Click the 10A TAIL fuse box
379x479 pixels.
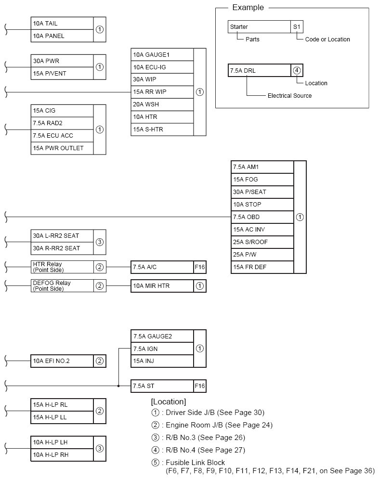(x=62, y=24)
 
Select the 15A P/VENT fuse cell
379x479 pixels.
(x=62, y=74)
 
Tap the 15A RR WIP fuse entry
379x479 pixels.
(x=162, y=92)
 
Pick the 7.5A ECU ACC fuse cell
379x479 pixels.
(x=62, y=136)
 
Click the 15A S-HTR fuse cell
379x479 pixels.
(x=162, y=129)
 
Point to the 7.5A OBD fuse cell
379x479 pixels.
(x=262, y=217)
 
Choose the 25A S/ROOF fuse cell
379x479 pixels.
(x=262, y=242)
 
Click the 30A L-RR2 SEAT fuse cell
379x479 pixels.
(x=62, y=236)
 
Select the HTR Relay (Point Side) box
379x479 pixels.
(x=62, y=267)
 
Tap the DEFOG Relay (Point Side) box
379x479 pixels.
(x=62, y=286)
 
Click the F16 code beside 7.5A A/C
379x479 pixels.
(x=200, y=267)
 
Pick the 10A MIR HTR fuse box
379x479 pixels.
(x=162, y=286)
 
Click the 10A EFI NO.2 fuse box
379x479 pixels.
(x=62, y=361)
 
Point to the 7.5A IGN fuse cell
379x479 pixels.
(x=162, y=349)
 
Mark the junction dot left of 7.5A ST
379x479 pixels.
(x=118, y=386)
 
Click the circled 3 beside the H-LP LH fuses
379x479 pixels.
(x=100, y=449)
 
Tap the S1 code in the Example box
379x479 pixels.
(x=297, y=27)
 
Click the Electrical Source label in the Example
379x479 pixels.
(x=289, y=96)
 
